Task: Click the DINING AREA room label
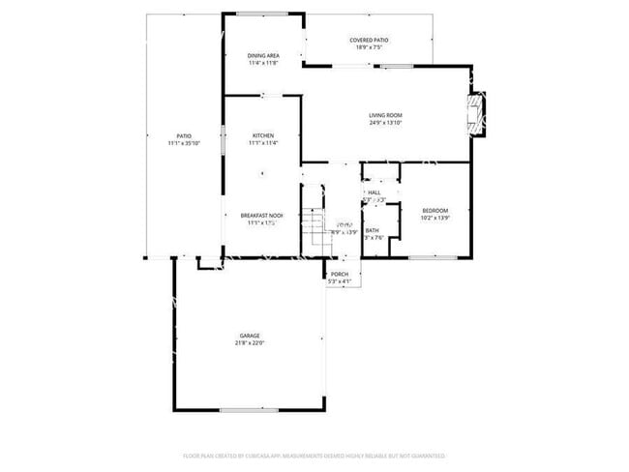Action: [263, 56]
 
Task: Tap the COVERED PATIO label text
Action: [368, 40]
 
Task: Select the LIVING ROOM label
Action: [385, 115]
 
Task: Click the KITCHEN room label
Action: [263, 135]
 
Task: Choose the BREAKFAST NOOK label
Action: [262, 215]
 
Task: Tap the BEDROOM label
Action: [434, 210]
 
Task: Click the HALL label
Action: [374, 192]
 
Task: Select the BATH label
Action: [372, 230]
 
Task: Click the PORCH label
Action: [340, 274]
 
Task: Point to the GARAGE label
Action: [250, 335]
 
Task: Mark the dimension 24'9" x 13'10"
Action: [385, 123]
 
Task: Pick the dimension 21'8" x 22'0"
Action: [250, 342]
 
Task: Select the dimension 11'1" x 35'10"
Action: [184, 143]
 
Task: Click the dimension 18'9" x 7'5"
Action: [369, 47]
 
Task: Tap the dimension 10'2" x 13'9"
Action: [435, 218]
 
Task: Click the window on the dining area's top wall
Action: [263, 14]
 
